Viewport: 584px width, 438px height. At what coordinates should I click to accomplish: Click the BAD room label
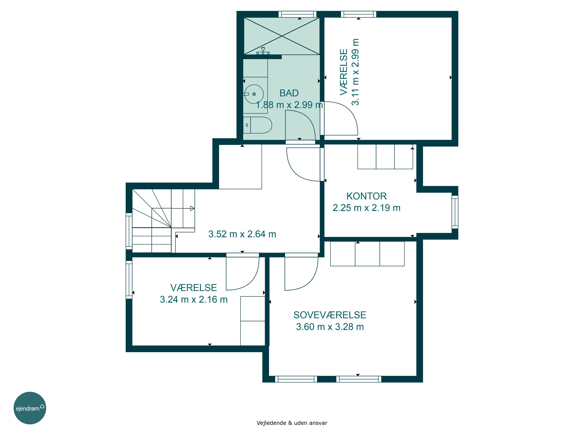[289, 93]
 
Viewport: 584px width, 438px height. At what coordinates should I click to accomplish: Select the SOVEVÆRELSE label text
[330, 315]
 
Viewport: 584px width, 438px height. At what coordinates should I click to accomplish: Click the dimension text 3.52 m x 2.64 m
[242, 234]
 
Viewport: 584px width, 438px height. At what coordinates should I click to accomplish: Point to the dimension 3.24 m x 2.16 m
[193, 299]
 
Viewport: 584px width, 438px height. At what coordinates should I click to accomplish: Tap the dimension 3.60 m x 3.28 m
[330, 327]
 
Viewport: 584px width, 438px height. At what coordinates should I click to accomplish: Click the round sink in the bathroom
[254, 94]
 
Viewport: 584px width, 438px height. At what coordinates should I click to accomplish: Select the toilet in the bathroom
[257, 125]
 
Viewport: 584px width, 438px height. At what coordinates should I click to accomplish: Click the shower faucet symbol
[263, 51]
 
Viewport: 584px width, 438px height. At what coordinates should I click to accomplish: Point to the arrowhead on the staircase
[192, 208]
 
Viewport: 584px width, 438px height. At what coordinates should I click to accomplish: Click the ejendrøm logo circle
[30, 408]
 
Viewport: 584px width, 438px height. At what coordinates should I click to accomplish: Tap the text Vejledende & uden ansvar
[292, 423]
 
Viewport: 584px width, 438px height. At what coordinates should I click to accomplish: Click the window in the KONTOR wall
[455, 212]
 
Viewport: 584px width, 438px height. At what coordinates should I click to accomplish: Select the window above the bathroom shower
[297, 14]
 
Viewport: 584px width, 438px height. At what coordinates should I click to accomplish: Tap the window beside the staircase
[129, 231]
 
